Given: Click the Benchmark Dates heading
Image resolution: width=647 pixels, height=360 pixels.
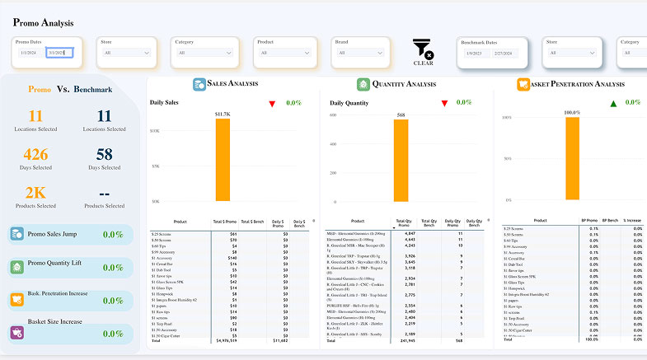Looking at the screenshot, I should click(x=480, y=41).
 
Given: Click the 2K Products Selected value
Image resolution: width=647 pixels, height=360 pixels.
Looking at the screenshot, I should click(x=35, y=192).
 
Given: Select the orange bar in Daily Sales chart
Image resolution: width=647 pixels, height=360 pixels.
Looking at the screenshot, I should click(x=223, y=160).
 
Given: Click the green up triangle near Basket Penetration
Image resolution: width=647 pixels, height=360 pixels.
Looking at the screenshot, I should click(x=612, y=103).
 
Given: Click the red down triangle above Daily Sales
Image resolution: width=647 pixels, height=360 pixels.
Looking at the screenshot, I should click(x=272, y=103).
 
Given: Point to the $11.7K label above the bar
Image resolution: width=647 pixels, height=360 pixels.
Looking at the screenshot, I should click(x=223, y=114).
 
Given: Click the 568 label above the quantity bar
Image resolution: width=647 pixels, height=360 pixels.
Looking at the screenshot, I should click(x=401, y=115).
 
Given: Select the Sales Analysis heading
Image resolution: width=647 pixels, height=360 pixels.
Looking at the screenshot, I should click(x=232, y=84).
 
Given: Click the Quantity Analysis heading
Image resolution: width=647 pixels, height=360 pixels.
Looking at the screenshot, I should click(x=404, y=84).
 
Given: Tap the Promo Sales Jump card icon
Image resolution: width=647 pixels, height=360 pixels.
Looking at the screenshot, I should click(x=16, y=235).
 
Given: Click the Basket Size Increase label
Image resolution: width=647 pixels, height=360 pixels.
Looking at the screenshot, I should click(x=54, y=321).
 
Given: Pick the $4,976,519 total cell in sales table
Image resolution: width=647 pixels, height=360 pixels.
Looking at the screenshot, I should click(x=226, y=340).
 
